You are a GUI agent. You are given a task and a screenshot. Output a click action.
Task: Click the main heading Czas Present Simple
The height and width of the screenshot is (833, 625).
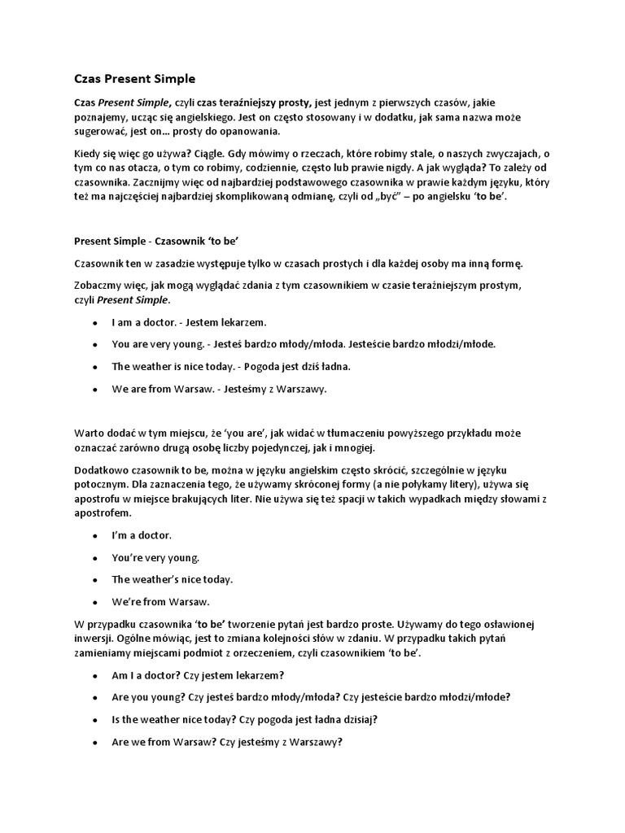pos(130,80)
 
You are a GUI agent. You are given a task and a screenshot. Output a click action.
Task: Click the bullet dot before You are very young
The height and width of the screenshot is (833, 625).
pos(95,344)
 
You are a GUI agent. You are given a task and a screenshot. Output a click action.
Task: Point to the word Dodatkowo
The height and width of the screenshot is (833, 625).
pos(101,471)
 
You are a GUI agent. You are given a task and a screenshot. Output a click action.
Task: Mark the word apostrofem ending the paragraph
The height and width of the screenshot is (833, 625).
pos(102,513)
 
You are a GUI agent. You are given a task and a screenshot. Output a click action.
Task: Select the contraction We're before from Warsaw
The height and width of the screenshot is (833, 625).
pos(127,602)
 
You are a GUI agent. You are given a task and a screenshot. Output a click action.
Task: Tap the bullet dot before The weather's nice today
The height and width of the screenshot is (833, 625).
pos(95,580)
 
